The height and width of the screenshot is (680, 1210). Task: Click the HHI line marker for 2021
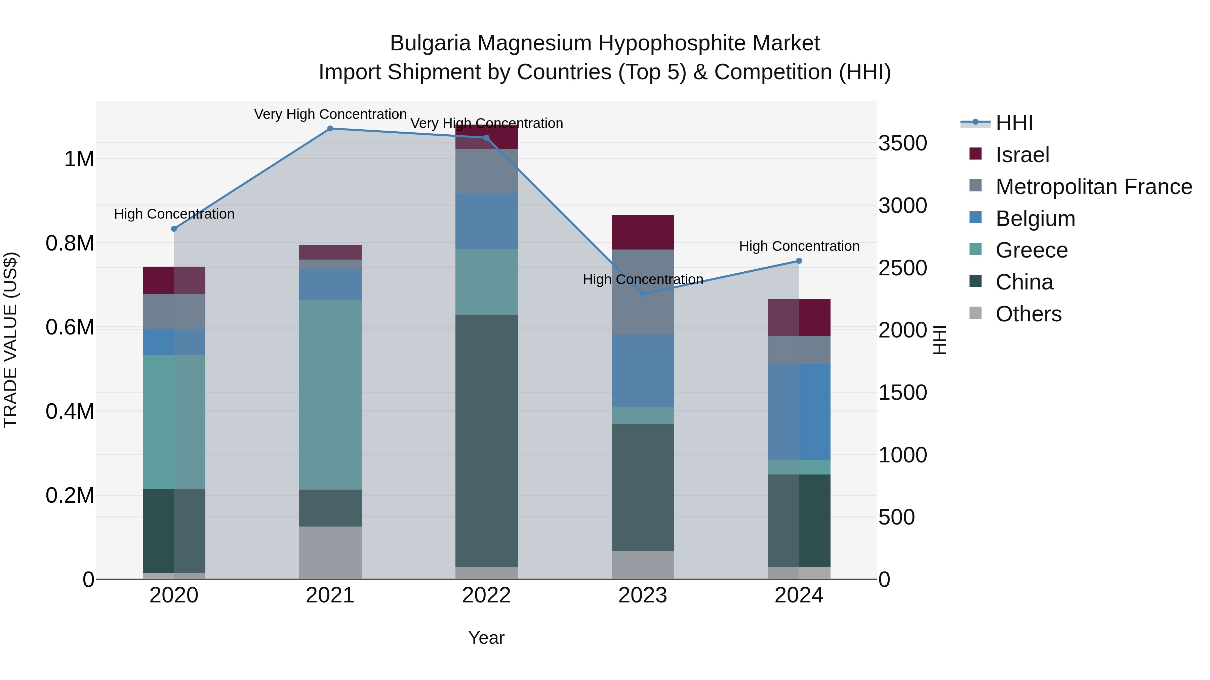(x=330, y=129)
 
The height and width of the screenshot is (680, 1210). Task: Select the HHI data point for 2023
(x=643, y=294)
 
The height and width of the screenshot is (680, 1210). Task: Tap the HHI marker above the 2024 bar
(x=799, y=261)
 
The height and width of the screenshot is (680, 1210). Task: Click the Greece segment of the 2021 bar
(x=330, y=394)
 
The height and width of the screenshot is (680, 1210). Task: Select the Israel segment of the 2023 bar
(x=643, y=232)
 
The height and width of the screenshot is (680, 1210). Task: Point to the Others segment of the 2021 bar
(x=330, y=552)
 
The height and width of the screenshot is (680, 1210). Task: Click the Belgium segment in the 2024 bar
(x=799, y=412)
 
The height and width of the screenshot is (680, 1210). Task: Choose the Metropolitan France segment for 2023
(x=643, y=292)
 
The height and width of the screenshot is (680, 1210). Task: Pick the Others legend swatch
(x=976, y=313)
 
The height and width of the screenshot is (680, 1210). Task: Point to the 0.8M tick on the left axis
(x=70, y=243)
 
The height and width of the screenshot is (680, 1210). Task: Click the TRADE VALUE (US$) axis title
(x=10, y=340)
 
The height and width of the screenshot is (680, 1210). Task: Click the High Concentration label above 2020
(x=174, y=214)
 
